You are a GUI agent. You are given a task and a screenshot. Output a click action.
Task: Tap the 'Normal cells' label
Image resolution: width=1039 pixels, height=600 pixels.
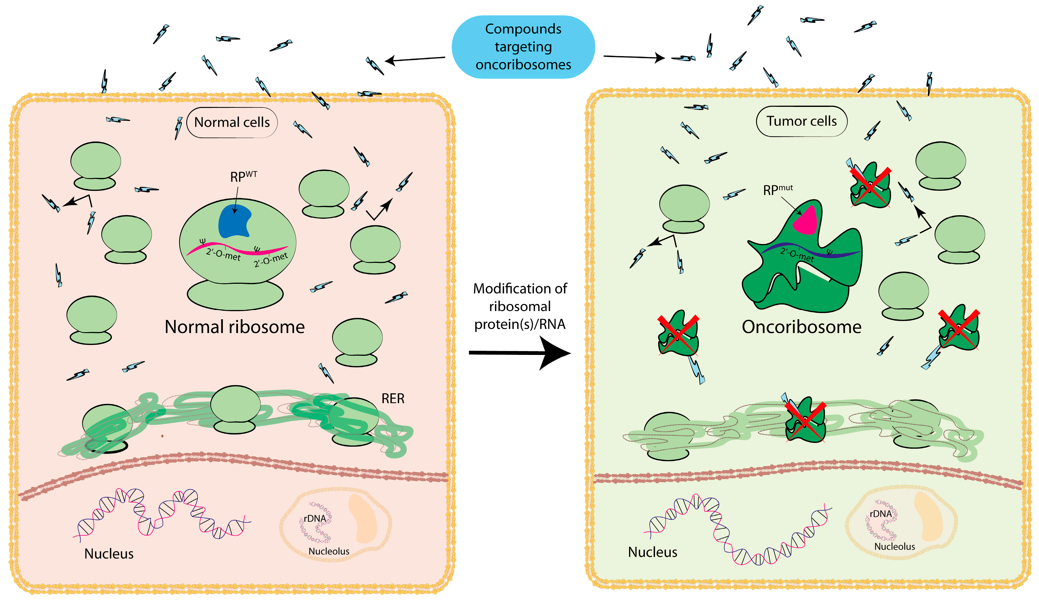[x=232, y=122]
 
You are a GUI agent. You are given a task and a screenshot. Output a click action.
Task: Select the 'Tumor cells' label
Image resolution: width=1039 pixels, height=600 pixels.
[x=801, y=121]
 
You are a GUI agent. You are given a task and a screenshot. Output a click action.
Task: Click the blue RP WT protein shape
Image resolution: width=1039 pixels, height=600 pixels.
[x=234, y=221]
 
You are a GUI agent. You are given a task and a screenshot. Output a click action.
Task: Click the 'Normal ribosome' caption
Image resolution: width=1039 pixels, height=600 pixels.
[x=235, y=327]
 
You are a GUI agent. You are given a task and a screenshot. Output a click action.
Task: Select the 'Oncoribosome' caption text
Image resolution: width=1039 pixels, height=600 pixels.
[x=801, y=327]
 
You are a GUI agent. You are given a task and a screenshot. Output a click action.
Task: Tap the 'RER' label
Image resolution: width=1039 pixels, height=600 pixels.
[x=393, y=399]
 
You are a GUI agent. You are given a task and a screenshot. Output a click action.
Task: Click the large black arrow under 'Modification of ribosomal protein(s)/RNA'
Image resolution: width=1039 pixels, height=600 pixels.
[x=520, y=353]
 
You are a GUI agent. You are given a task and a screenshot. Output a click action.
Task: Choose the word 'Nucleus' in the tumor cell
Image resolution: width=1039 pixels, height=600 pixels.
[x=652, y=552]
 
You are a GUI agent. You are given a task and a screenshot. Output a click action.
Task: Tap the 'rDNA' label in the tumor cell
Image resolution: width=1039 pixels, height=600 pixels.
[x=880, y=514]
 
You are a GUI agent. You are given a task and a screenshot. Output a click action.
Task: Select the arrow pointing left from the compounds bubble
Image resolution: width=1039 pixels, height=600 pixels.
[x=415, y=59]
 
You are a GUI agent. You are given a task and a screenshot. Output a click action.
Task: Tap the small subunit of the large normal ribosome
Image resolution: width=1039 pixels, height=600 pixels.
[x=235, y=295]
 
